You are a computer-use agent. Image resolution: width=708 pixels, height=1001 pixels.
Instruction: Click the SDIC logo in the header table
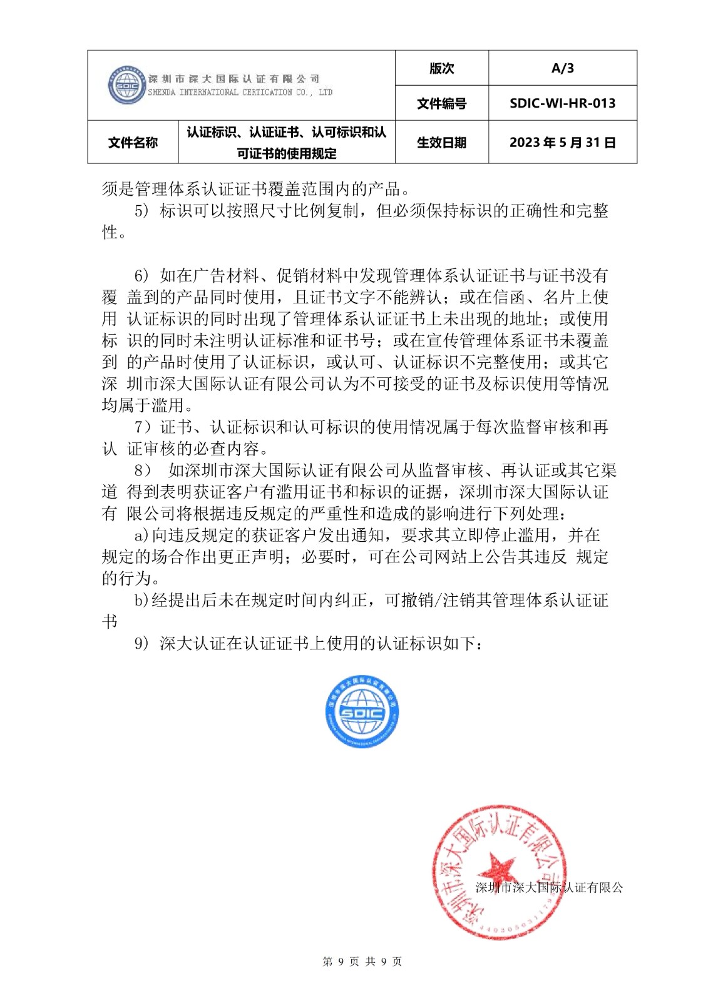click(127, 85)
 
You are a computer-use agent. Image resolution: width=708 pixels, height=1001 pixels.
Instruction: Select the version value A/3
click(562, 68)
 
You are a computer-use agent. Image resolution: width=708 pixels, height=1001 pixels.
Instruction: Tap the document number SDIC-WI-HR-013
click(562, 103)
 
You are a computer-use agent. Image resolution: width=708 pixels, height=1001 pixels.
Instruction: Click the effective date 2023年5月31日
click(562, 143)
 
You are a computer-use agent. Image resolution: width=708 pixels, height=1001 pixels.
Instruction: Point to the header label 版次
click(441, 68)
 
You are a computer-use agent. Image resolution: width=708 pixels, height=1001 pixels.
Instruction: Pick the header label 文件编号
click(441, 103)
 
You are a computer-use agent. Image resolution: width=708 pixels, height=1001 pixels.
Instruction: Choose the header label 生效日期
click(441, 143)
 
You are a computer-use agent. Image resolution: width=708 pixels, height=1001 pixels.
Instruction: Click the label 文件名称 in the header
click(133, 143)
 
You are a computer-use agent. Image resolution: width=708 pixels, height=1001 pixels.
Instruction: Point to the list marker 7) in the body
click(142, 427)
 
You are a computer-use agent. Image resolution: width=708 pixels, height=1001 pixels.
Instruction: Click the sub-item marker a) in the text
click(141, 536)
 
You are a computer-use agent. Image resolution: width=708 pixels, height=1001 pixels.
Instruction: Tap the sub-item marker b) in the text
click(141, 601)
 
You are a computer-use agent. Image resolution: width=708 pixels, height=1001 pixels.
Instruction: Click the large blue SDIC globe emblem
click(362, 712)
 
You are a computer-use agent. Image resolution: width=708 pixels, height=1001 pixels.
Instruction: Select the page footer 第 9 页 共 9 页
click(362, 962)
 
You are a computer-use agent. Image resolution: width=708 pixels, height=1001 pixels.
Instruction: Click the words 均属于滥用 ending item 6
click(143, 405)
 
